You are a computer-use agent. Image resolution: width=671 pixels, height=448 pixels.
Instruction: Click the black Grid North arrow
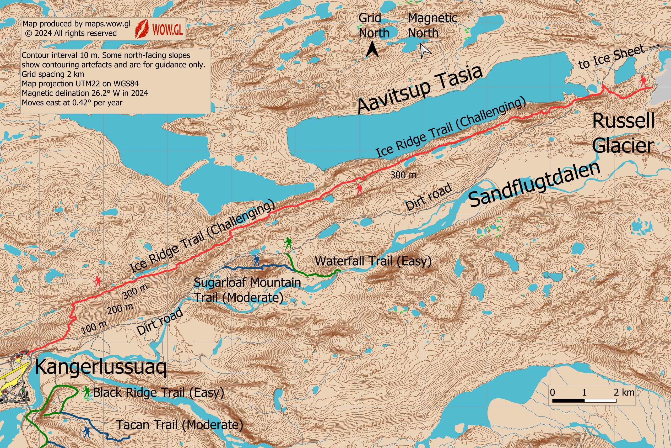click(372, 49)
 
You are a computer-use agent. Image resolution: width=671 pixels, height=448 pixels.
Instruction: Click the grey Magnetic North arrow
click(425, 51)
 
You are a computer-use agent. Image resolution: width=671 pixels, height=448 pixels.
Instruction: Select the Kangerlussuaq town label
click(100, 367)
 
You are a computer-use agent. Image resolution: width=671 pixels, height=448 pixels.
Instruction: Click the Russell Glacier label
click(623, 133)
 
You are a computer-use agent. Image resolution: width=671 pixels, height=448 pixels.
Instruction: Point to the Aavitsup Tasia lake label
click(420, 89)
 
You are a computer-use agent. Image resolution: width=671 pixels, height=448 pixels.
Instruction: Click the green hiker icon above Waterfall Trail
click(288, 243)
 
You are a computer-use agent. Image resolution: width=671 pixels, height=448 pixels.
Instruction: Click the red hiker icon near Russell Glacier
click(643, 82)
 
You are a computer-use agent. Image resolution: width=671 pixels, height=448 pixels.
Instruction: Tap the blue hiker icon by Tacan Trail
click(86, 432)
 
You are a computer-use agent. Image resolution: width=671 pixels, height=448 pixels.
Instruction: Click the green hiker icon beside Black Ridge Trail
click(86, 392)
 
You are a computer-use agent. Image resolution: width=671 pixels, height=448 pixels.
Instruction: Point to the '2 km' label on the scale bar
click(624, 392)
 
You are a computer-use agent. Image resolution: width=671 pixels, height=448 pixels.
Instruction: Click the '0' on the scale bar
click(552, 392)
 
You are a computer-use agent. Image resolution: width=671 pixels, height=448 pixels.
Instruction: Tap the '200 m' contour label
click(120, 308)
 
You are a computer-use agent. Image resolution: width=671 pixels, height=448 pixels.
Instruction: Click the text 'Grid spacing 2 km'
click(53, 74)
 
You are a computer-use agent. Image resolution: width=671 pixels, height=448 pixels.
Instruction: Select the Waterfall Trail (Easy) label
click(373, 261)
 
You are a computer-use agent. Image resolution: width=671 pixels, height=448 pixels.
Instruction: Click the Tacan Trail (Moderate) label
click(180, 425)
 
